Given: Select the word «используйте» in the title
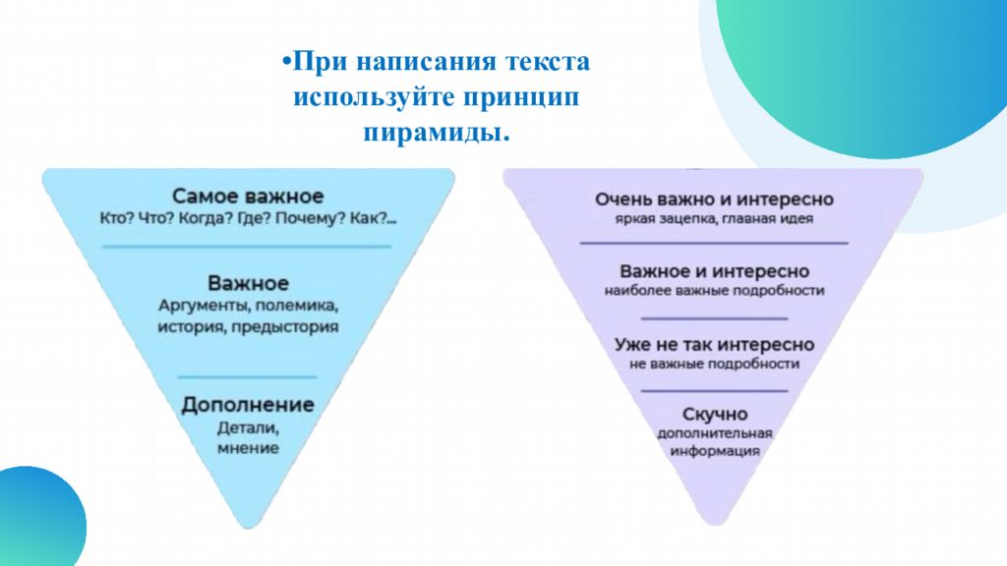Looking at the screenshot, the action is pyautogui.click(x=374, y=98).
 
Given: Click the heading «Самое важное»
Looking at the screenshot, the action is pyautogui.click(x=248, y=196).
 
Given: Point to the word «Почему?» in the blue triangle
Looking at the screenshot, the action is pyautogui.click(x=310, y=219).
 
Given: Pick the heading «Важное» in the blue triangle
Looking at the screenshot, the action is pyautogui.click(x=248, y=283).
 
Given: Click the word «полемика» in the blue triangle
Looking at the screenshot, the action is pyautogui.click(x=296, y=306).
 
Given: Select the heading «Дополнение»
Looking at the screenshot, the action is pyautogui.click(x=248, y=405).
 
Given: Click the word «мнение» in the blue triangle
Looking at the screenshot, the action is pyautogui.click(x=248, y=448).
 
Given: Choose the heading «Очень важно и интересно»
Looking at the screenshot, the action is pyautogui.click(x=714, y=199).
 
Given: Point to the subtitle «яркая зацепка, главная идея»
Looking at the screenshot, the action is pyautogui.click(x=714, y=219).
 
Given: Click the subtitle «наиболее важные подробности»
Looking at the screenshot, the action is pyautogui.click(x=714, y=291).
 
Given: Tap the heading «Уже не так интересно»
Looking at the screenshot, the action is pyautogui.click(x=714, y=345).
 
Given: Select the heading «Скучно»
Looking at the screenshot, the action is pyautogui.click(x=715, y=414).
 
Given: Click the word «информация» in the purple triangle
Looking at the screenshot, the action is pyautogui.click(x=715, y=450).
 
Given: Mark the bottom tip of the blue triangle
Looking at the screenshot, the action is pyautogui.click(x=249, y=528).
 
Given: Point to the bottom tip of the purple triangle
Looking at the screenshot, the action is pyautogui.click(x=714, y=525).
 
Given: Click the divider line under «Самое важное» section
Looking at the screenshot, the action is pyautogui.click(x=247, y=247).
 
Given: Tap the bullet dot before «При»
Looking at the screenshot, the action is pyautogui.click(x=287, y=62).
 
